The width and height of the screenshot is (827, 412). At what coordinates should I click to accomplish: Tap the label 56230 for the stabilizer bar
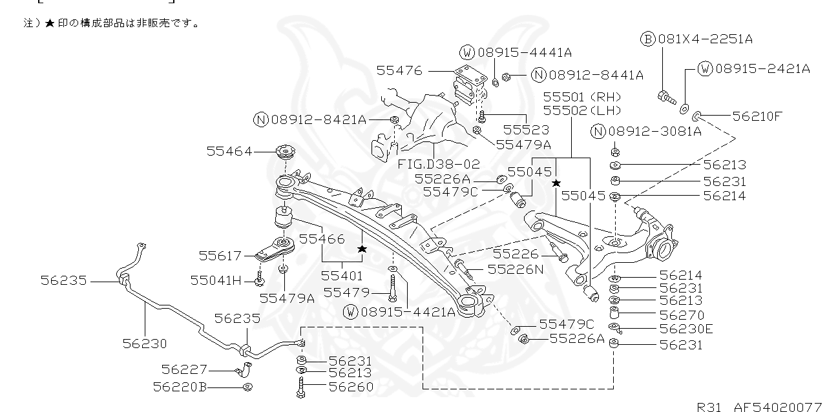point(145,344)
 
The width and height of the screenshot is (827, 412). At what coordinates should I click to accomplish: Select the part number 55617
point(220,256)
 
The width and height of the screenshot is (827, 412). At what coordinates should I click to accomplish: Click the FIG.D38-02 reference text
point(439,165)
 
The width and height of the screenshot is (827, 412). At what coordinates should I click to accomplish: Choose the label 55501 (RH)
point(582,96)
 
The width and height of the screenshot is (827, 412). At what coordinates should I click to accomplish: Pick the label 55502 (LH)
point(582,110)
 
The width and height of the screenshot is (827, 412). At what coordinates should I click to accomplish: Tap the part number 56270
point(680,314)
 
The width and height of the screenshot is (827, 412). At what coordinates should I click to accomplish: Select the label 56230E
point(686,329)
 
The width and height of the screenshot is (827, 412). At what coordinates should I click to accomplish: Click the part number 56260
point(351,387)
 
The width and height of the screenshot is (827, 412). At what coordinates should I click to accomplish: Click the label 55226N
point(515,269)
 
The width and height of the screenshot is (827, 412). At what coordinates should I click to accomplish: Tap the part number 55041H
point(216,280)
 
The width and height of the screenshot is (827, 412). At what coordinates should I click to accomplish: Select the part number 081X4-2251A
point(705,39)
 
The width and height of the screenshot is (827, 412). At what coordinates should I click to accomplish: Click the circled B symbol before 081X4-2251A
point(648,39)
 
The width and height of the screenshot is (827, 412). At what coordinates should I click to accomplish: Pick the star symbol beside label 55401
point(362,249)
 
